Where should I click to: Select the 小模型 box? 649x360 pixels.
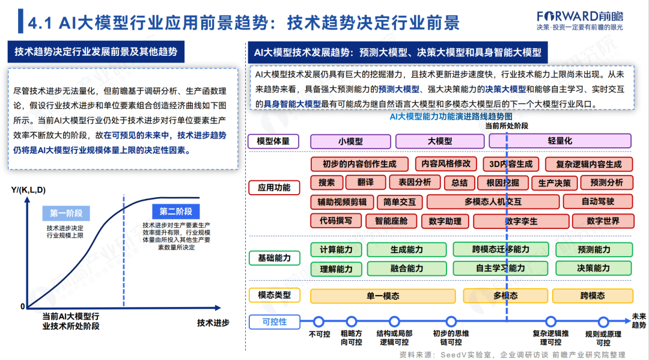coord(350,141)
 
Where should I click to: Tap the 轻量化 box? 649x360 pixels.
coord(559,141)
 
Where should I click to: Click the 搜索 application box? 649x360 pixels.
coord(327,183)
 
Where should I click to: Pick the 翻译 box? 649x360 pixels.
coord(365,183)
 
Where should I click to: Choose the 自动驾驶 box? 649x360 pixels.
coord(598,201)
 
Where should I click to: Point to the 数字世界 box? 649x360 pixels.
coord(603,221)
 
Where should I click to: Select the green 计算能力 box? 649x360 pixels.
coord(336,249)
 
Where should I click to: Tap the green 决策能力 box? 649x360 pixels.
coord(593,268)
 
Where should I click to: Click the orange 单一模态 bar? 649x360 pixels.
coord(383,296)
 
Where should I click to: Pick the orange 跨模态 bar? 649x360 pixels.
coord(593,296)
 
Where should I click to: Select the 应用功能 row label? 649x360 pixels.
coord(274,188)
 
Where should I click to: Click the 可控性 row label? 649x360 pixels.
coord(274,322)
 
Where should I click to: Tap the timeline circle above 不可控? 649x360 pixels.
coord(319,322)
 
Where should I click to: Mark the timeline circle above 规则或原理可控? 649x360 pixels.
coord(603,322)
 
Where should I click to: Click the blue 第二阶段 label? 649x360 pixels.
coord(175,212)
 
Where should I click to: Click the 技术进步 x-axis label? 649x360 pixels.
coord(213,323)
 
